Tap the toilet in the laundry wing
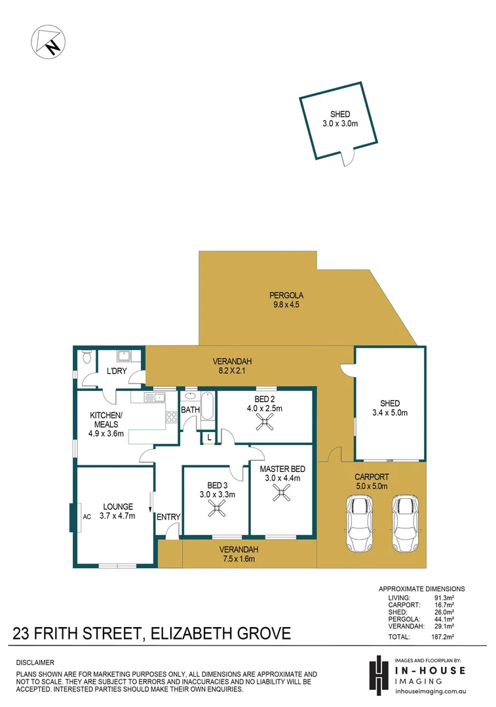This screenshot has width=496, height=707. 86,358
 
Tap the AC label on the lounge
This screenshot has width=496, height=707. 86,515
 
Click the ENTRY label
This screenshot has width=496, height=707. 168,517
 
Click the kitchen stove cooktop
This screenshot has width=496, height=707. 172,416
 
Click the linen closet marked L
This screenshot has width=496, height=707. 208,437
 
